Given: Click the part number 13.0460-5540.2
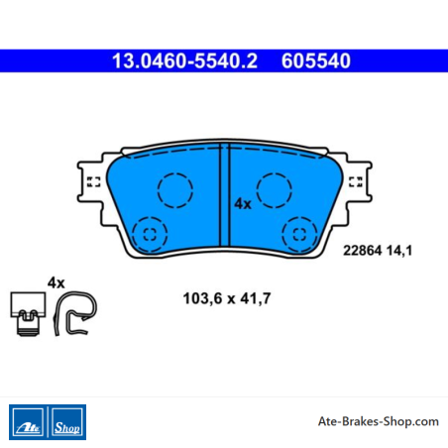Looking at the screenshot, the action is point(184,60).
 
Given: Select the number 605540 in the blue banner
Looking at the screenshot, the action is point(316,60).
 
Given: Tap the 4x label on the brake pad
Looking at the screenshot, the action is point(243,204).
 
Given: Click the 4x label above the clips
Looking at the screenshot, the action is point(56,282).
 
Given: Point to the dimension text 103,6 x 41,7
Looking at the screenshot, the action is point(227,298).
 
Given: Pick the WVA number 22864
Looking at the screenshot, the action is point(363,251).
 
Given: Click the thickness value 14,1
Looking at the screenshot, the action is point(399,251).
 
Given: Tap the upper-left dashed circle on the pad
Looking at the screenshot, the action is point(175,190).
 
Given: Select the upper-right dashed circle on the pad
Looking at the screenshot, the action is point(275,190).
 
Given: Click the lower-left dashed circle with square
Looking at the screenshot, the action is point(150,234).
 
